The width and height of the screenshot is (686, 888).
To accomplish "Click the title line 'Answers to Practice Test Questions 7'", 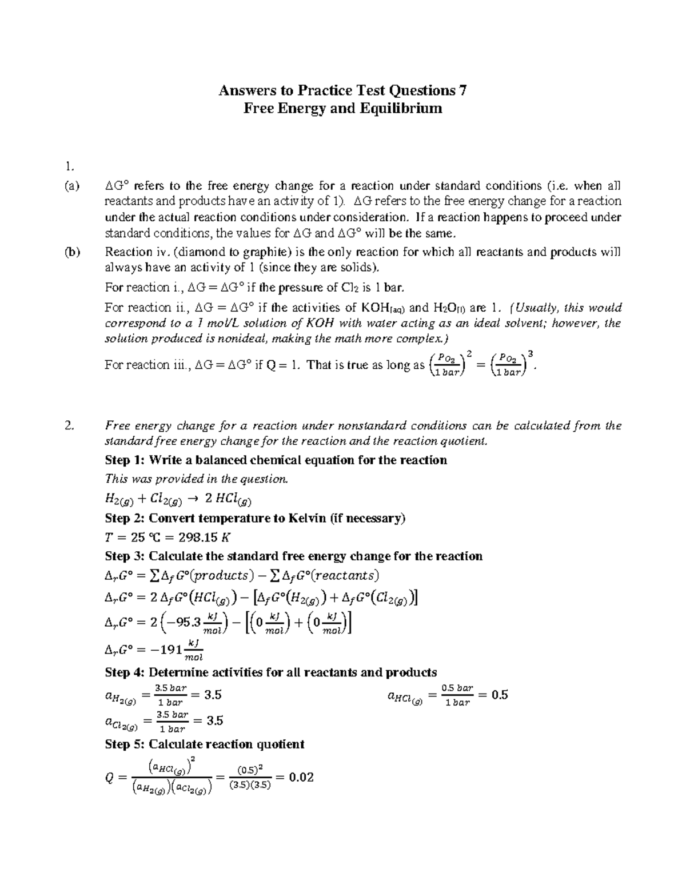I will coord(343,90).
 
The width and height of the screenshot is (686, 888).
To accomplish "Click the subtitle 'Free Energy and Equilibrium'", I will coord(343,108).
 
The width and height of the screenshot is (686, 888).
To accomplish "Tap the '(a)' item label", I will coord(73,186).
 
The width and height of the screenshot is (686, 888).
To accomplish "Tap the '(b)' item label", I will coord(73,252).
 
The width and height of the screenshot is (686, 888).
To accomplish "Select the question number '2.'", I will coord(69,425).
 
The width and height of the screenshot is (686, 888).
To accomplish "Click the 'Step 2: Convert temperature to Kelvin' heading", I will coord(255,518).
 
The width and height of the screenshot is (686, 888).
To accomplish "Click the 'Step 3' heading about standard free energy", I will coord(293,556).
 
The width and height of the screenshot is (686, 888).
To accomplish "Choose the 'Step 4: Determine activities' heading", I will coord(271,672).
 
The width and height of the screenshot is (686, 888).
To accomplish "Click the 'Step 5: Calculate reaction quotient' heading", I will coord(205,744).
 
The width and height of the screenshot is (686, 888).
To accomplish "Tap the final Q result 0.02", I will coord(301,777).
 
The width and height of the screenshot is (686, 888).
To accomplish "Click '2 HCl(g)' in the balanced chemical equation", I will coord(228,499).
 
